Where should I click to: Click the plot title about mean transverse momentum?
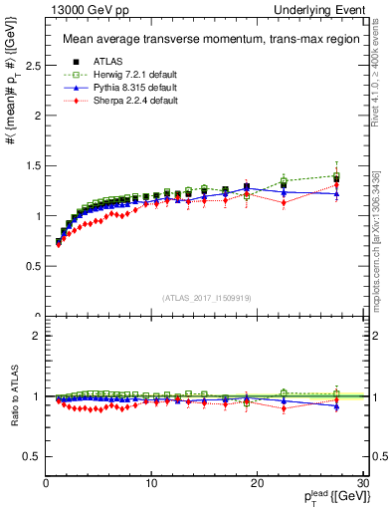click(196, 40)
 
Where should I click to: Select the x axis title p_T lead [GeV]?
click(327, 499)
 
